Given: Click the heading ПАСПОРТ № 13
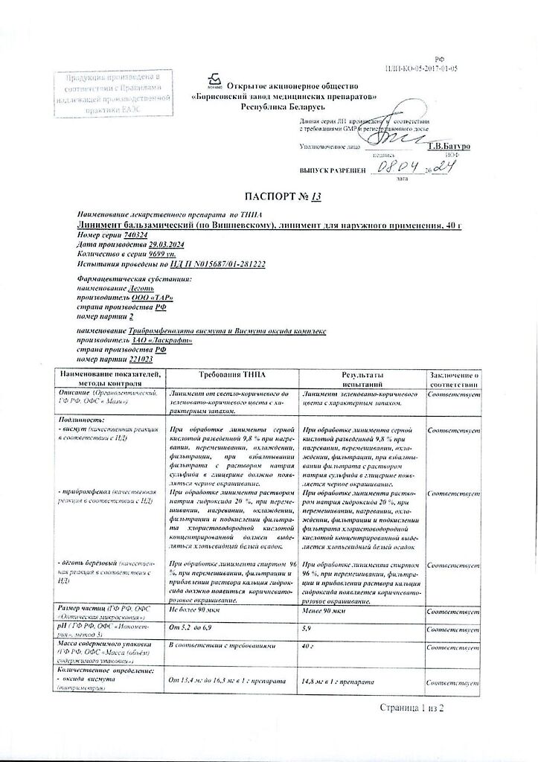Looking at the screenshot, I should [269, 196].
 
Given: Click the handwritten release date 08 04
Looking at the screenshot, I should [391, 168].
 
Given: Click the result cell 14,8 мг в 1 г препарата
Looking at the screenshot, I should [347, 681].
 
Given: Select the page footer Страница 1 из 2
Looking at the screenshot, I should [411, 707].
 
